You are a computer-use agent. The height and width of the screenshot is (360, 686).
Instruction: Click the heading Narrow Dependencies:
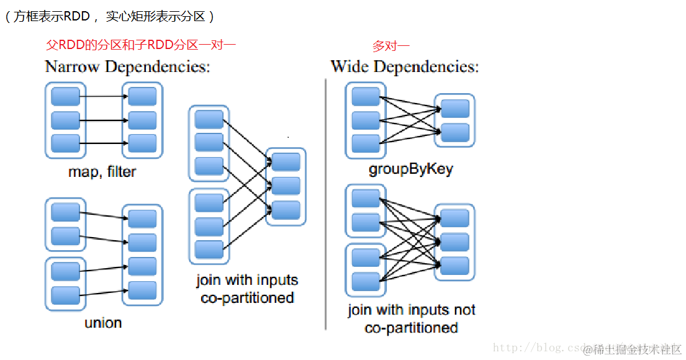[x=127, y=67]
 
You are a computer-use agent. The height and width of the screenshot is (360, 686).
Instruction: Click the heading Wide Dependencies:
[x=404, y=67]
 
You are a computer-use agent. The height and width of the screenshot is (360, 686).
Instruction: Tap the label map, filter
[x=102, y=172]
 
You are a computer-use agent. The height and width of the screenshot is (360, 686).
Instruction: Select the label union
[x=103, y=323]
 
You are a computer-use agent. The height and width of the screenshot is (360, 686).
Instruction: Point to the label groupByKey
[x=410, y=169]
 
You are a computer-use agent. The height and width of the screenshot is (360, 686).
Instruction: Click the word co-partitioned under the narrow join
[x=247, y=298]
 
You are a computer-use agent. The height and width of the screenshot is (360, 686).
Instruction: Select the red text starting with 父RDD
[x=142, y=45]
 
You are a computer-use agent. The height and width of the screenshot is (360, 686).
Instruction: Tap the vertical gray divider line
[x=326, y=205]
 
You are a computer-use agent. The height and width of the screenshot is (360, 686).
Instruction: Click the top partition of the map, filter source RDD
[x=65, y=96]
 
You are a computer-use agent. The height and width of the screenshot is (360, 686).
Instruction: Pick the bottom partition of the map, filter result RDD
[x=142, y=143]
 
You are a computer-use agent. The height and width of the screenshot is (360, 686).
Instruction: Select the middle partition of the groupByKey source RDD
[x=365, y=120]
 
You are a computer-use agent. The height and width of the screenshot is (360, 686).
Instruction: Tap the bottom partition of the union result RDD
[x=142, y=290]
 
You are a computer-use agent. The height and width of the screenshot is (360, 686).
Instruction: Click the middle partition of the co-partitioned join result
[x=286, y=186]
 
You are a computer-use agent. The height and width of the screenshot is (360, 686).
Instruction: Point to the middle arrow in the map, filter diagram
[x=104, y=120]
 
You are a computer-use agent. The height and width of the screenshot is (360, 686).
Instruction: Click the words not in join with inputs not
[x=465, y=310]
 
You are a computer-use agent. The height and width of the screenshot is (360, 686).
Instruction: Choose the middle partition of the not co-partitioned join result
[x=454, y=241]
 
